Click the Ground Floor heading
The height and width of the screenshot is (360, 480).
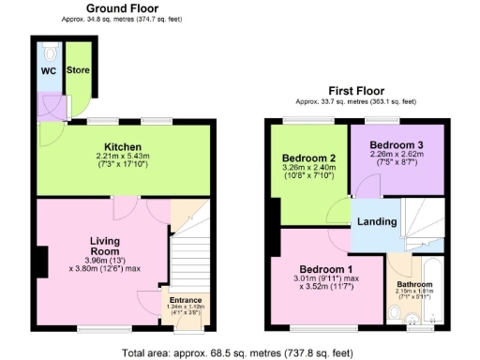[x=122, y=7]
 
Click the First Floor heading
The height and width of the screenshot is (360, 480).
[x=356, y=90]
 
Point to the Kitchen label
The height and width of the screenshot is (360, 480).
[x=123, y=146]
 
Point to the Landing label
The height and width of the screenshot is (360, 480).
[x=377, y=222]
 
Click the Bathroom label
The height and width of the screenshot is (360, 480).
[x=414, y=283]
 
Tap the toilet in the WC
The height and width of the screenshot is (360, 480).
[x=49, y=51]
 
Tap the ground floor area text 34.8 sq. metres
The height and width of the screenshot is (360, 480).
[x=122, y=18]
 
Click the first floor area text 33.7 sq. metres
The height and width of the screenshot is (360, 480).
[x=356, y=100]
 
